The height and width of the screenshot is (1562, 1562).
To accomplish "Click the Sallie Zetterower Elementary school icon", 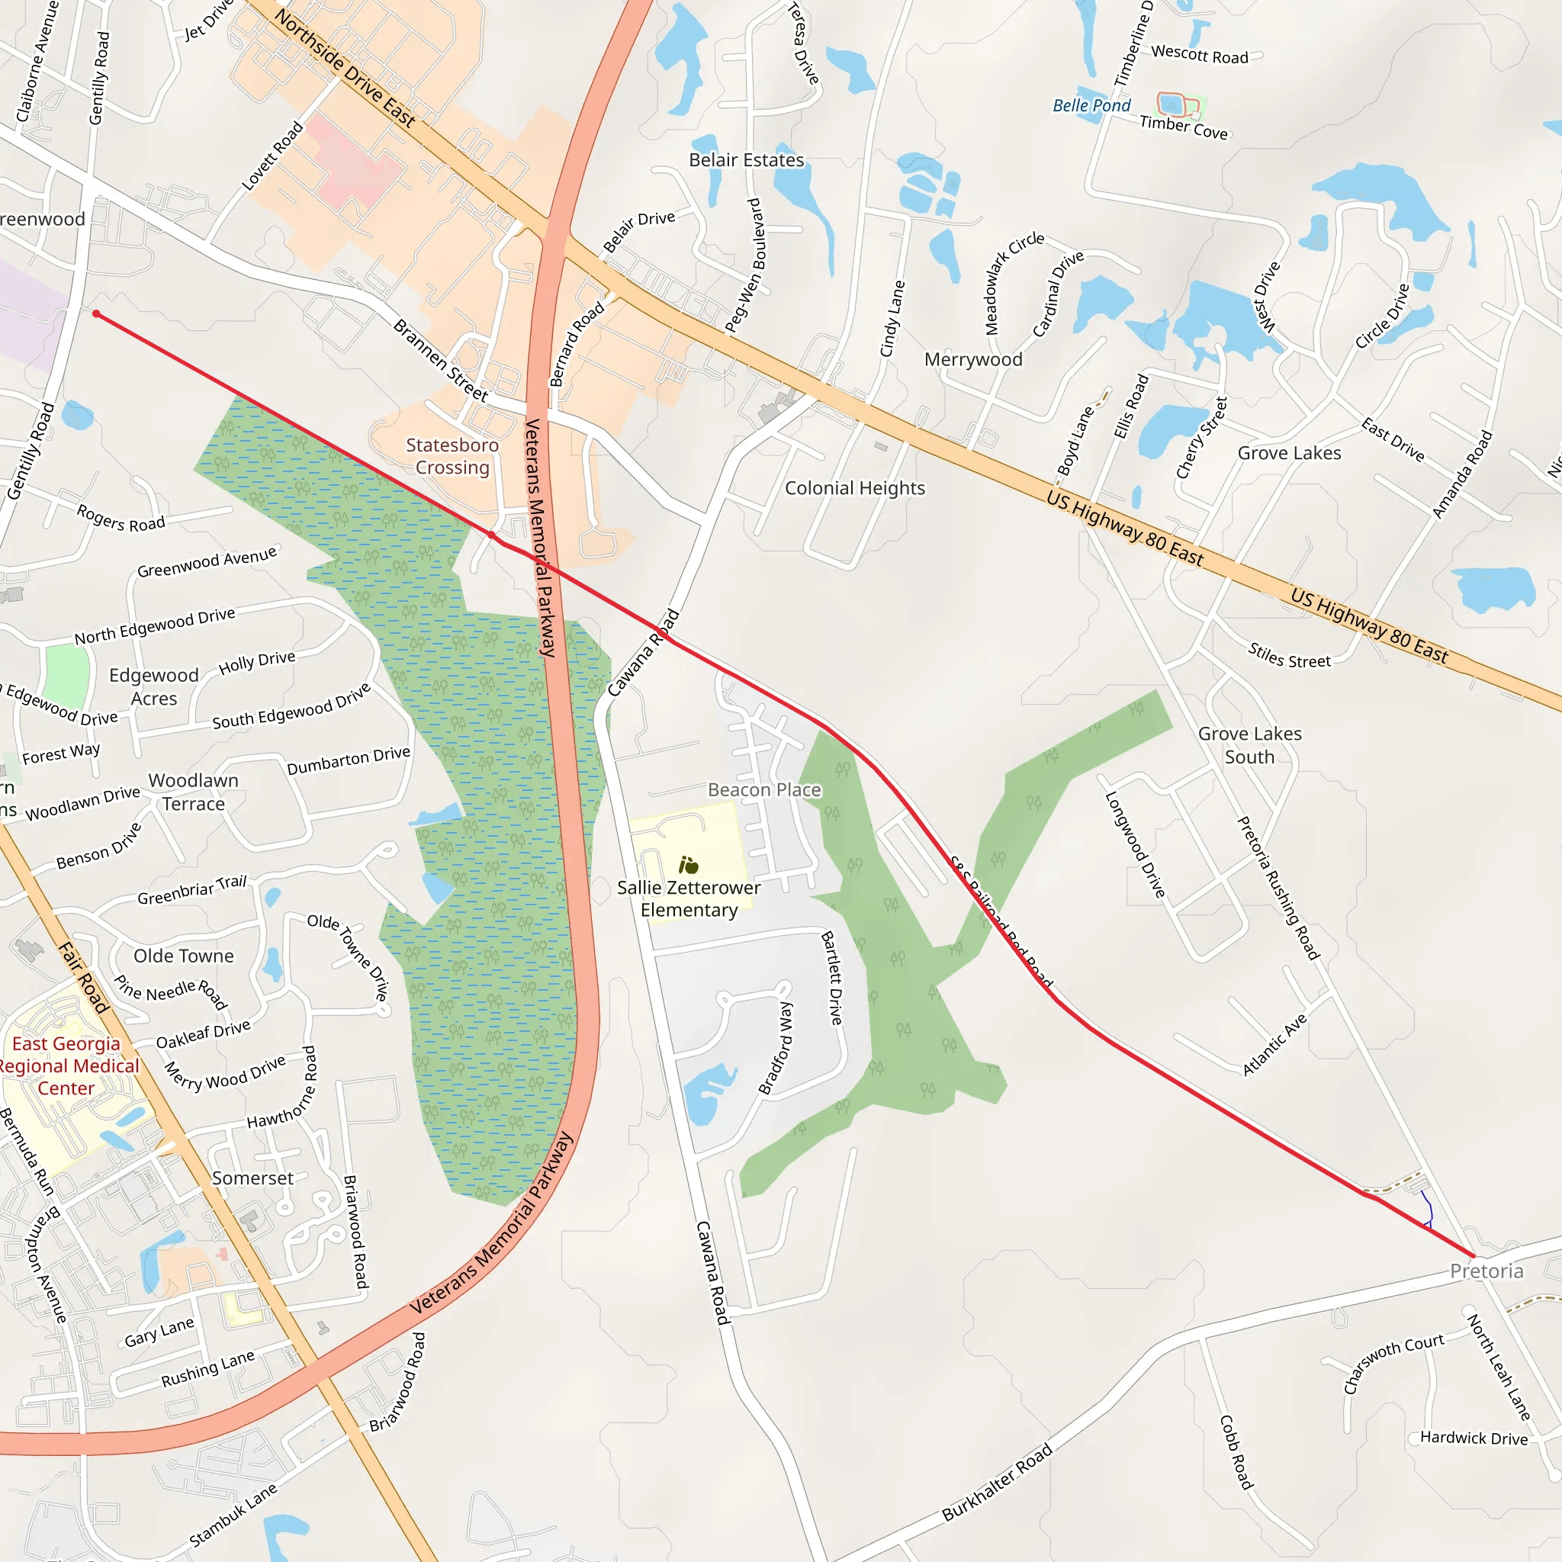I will [x=688, y=865].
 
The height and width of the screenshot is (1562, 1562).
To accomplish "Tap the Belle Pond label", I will [x=1091, y=106].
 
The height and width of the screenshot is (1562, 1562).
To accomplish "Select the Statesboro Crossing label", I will [x=452, y=456].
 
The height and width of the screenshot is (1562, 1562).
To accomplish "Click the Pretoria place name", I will [x=1486, y=1271].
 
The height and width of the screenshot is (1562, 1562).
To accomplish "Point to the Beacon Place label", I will [x=764, y=790].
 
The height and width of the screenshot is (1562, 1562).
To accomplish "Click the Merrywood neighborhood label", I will [x=972, y=360].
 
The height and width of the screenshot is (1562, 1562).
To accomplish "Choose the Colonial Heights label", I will [x=854, y=488].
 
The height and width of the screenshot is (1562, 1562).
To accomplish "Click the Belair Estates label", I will [x=746, y=160].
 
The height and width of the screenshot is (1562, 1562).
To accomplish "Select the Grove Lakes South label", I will [x=1249, y=745].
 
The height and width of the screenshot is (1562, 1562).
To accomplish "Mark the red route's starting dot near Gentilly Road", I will [x=96, y=313].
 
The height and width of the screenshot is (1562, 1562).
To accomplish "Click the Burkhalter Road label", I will [x=997, y=1482].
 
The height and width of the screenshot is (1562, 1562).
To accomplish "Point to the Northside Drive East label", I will [x=346, y=68].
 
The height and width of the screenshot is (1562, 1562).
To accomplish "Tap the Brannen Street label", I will [x=441, y=361].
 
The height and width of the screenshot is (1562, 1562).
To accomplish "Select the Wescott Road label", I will [x=1199, y=55].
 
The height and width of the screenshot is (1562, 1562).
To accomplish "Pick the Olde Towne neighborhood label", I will [x=184, y=956].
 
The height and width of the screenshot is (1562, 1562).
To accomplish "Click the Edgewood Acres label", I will [x=153, y=686].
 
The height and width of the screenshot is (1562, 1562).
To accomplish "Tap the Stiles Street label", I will [x=1289, y=655].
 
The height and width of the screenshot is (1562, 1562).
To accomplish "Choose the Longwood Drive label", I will [x=1135, y=844].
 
